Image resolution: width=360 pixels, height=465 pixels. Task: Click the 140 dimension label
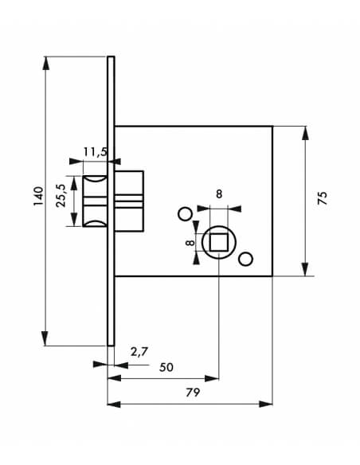click(38, 196)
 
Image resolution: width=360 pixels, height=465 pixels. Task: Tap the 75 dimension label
click(322, 197)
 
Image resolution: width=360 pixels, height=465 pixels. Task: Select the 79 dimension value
click(193, 393)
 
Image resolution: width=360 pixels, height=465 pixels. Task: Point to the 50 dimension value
click(166, 367)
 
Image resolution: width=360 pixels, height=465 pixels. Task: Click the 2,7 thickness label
click(139, 352)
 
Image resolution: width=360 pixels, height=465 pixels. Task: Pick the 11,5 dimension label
click(95, 152)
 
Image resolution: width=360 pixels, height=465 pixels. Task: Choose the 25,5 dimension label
click(61, 196)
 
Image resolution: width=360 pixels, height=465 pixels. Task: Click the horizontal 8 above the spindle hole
click(219, 194)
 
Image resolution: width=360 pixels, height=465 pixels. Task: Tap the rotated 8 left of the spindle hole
click(190, 243)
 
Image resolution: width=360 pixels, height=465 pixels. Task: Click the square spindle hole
click(219, 242)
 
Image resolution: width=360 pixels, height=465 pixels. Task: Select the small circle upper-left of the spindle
click(185, 213)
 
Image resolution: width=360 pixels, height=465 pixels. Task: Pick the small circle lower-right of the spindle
click(246, 259)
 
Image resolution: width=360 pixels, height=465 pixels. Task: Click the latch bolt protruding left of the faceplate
click(95, 201)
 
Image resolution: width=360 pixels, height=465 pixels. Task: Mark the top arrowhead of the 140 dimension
click(45, 63)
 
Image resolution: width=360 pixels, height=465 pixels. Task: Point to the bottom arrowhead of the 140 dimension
click(45, 338)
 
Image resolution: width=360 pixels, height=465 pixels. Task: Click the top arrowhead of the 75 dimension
click(305, 133)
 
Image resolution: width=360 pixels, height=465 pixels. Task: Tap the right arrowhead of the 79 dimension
click(266, 404)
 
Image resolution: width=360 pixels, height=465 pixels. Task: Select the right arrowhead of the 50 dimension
click(212, 379)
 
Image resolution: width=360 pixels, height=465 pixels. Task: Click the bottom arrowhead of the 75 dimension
click(305, 270)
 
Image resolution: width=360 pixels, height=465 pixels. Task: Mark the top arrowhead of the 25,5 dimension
click(74, 182)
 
